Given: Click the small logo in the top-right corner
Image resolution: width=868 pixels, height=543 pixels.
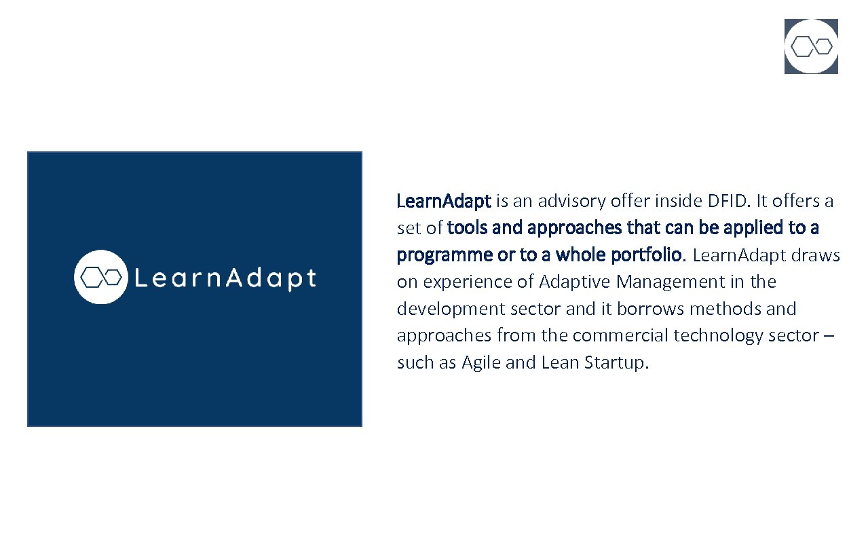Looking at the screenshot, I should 811,46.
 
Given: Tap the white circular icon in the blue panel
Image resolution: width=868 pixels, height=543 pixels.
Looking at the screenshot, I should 101,277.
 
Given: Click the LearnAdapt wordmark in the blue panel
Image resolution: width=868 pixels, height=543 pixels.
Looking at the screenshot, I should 225,278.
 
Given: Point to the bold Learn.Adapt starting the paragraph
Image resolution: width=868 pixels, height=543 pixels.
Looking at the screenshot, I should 443,201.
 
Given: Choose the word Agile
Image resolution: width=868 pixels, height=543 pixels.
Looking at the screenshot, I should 481,362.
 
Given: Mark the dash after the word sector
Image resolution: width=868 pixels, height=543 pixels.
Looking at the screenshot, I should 831,336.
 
